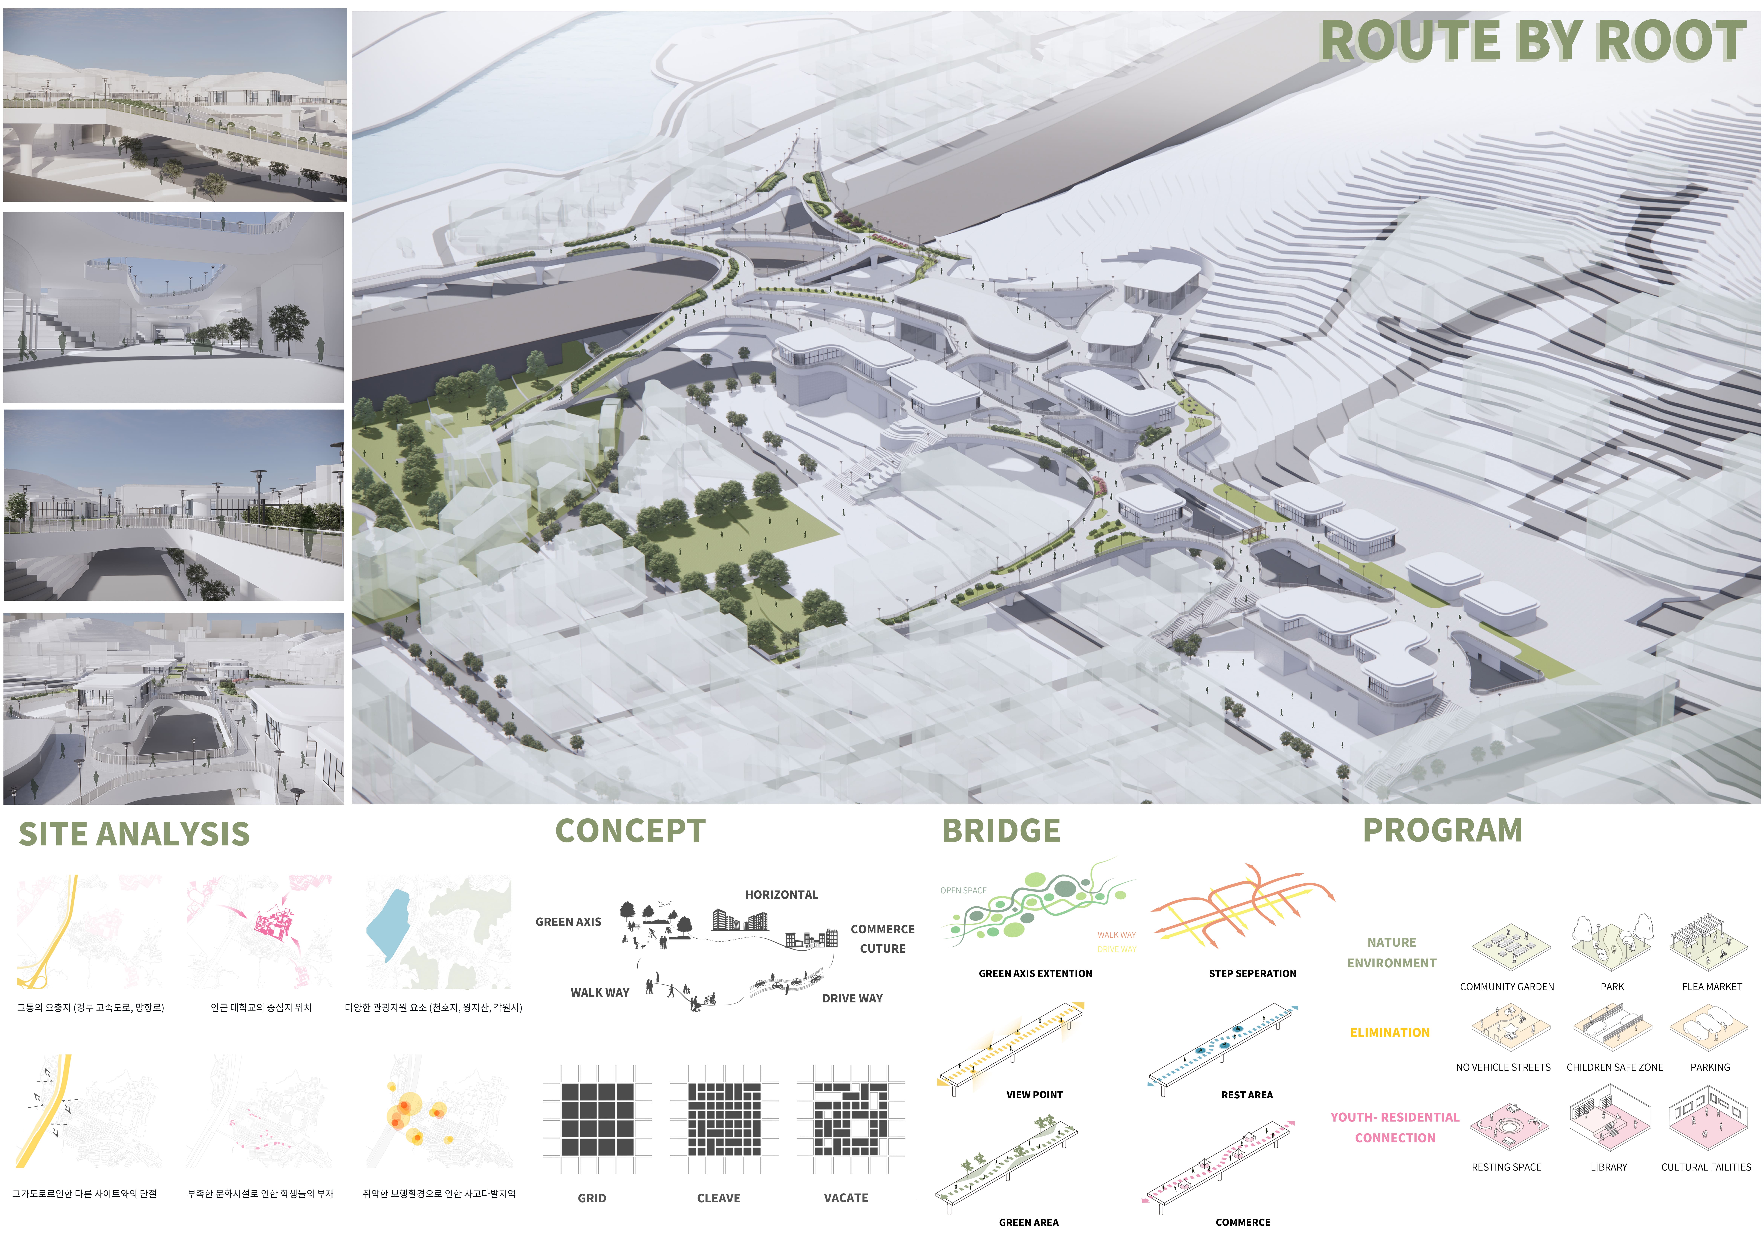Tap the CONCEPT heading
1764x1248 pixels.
pos(630,831)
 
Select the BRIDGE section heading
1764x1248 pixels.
pos(1001,831)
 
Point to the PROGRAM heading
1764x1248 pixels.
pos(1442,830)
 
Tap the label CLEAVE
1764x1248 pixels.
pos(718,1198)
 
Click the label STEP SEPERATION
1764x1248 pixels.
pos(1252,974)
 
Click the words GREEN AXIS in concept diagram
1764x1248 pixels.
pos(568,922)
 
